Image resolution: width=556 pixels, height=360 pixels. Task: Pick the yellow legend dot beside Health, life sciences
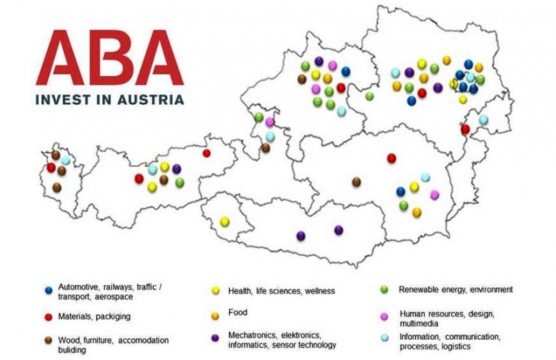click(217, 290)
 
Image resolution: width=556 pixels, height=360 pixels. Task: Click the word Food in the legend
click(238, 312)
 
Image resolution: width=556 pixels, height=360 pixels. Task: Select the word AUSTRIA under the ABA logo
click(150, 99)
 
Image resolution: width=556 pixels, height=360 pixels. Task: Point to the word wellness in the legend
click(318, 291)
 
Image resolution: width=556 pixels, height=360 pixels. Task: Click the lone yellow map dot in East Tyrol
click(224, 222)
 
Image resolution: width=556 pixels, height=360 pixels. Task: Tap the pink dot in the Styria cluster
click(434, 194)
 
